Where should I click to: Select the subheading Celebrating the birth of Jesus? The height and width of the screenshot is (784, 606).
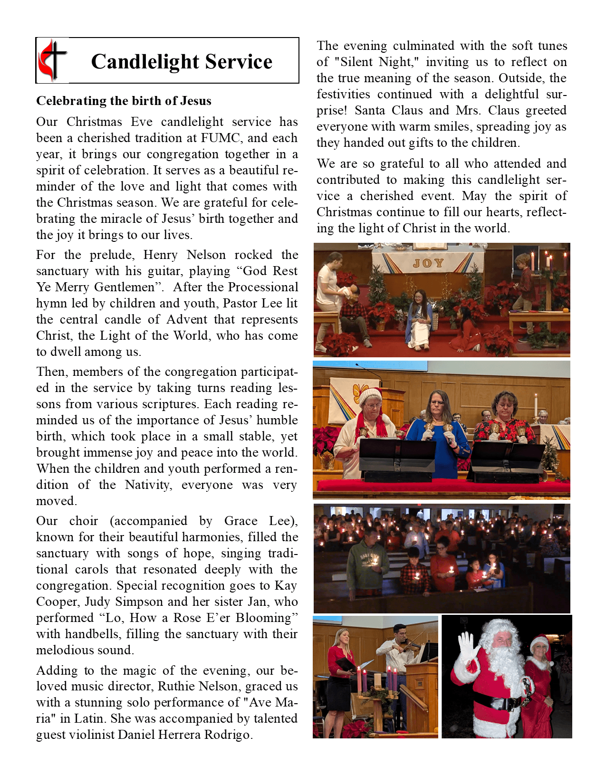pos(124,101)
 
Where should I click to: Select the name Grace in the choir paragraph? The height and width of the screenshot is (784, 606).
pos(241,521)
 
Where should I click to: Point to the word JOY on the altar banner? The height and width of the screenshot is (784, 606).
pos(428,263)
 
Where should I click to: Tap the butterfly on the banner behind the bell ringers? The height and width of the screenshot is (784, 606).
pos(360,392)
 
